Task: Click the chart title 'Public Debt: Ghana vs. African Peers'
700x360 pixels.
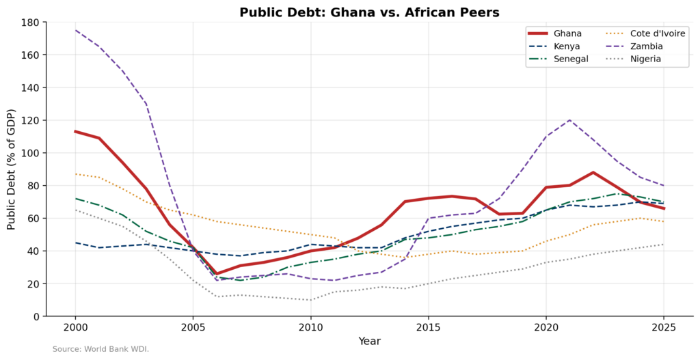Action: (369, 12)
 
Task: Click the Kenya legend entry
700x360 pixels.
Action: (567, 46)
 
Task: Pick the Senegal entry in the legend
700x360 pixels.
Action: (571, 59)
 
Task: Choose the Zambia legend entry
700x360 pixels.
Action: (646, 46)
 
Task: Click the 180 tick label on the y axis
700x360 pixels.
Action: (29, 22)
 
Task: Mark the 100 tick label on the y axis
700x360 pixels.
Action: (29, 153)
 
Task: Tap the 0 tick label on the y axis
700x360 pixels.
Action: (36, 316)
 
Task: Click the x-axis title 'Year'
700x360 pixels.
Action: (369, 342)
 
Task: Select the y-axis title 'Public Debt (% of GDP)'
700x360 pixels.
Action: (11, 169)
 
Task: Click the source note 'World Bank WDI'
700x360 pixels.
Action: (100, 349)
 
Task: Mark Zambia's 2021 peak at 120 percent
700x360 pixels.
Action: (569, 120)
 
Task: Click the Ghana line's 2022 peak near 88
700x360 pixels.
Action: (593, 172)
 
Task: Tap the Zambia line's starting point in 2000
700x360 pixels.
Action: (75, 30)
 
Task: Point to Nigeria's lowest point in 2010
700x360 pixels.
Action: (310, 300)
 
